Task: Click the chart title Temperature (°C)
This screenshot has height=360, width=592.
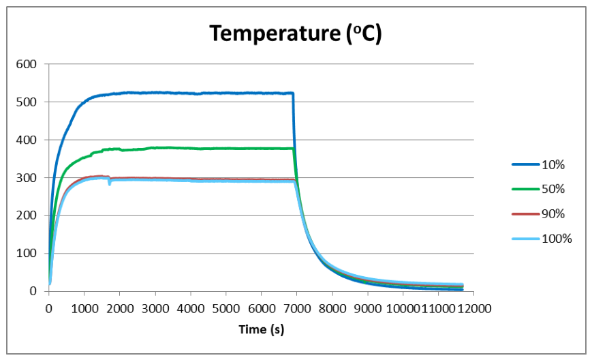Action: pyautogui.click(x=296, y=33)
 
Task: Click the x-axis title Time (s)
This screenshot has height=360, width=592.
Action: pyautogui.click(x=262, y=329)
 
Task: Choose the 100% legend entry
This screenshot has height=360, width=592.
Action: pyautogui.click(x=542, y=239)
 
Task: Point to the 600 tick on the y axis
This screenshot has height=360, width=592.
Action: pyautogui.click(x=27, y=64)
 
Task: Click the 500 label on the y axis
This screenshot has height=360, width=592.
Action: pyautogui.click(x=27, y=102)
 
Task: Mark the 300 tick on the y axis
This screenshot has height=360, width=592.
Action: pyautogui.click(x=27, y=177)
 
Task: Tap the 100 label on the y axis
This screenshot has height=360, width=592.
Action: pyautogui.click(x=27, y=253)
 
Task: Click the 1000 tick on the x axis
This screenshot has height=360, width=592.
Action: pyautogui.click(x=84, y=309)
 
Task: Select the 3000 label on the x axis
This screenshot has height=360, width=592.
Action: pyautogui.click(x=155, y=309)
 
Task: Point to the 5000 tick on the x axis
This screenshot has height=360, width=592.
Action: pyautogui.click(x=226, y=309)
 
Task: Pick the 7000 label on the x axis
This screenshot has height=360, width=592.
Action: pyautogui.click(x=297, y=309)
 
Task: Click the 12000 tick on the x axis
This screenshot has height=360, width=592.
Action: pyautogui.click(x=473, y=309)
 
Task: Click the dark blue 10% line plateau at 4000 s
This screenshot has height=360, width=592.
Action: pyautogui.click(x=191, y=93)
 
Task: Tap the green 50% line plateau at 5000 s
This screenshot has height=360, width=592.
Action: pyautogui.click(x=226, y=149)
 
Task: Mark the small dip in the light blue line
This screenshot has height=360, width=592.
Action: pyautogui.click(x=110, y=183)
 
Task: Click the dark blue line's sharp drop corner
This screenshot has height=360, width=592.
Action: pyautogui.click(x=294, y=93)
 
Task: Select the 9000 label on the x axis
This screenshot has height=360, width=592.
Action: pyautogui.click(x=368, y=309)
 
